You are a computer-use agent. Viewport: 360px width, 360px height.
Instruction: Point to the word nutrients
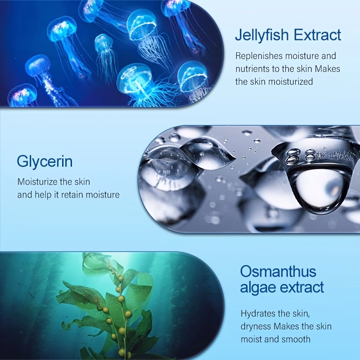252,69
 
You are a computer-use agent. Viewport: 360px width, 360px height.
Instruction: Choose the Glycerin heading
45,161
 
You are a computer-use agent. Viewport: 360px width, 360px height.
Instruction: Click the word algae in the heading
256,287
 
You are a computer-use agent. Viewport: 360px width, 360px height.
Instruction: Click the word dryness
256,326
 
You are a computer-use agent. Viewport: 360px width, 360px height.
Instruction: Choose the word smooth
295,339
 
